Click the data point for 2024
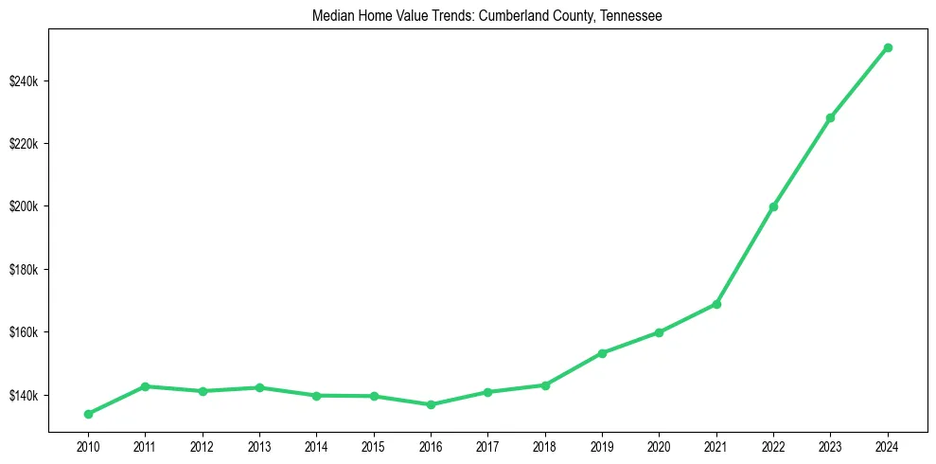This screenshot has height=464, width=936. [x=888, y=47]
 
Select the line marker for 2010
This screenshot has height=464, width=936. [x=88, y=414]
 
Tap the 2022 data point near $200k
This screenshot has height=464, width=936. [x=773, y=206]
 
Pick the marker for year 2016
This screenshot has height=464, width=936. [x=431, y=404]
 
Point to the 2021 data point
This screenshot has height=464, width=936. [x=716, y=304]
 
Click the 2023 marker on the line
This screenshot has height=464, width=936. [x=830, y=117]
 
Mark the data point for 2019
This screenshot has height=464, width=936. [x=602, y=353]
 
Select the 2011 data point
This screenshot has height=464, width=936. [x=145, y=386]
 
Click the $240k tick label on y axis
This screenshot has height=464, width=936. [x=24, y=80]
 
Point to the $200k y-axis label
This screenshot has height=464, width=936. [x=24, y=206]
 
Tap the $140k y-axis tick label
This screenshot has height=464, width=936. [x=24, y=396]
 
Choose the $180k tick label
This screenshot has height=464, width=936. [x=24, y=270]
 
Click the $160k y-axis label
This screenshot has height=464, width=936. [x=24, y=332]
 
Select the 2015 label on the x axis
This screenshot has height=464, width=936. [x=374, y=446]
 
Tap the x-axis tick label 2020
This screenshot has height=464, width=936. [x=659, y=446]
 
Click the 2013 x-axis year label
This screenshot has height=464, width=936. [x=259, y=446]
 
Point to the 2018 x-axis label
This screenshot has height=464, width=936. [x=545, y=446]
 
